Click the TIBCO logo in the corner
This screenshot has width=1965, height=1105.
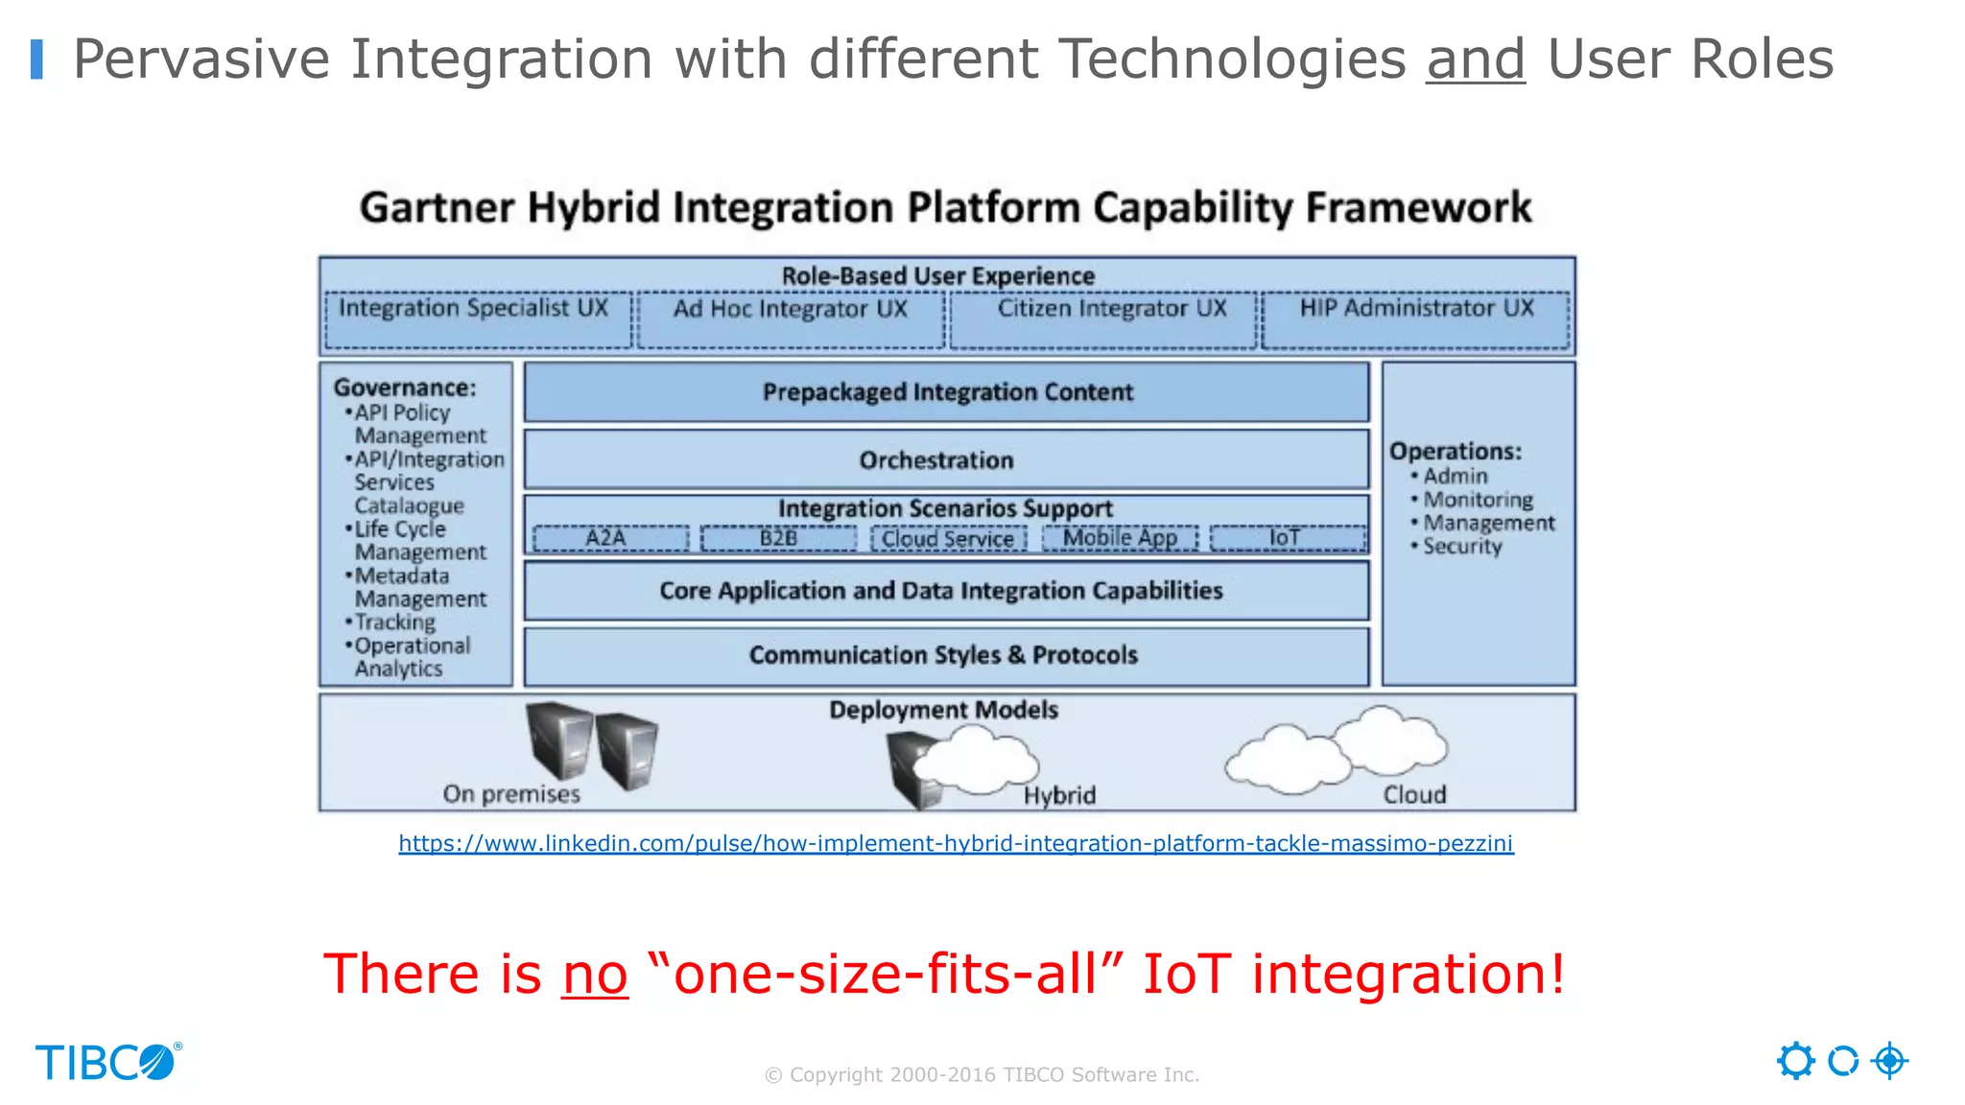[107, 1062]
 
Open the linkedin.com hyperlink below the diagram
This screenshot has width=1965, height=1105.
[956, 843]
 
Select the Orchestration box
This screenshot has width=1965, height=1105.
[946, 460]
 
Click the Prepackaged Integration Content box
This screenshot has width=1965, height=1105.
[946, 392]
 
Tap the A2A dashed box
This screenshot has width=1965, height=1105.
[610, 538]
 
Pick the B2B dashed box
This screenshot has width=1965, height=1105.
[778, 538]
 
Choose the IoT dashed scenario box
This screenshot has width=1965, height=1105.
[1288, 538]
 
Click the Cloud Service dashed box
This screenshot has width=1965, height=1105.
[948, 538]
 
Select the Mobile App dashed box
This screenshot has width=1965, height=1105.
[1120, 538]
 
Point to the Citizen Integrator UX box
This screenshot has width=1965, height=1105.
[1103, 319]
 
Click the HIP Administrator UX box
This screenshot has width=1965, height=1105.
[1416, 319]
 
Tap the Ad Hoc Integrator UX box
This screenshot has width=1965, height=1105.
[791, 319]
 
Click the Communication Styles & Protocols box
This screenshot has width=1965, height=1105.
[946, 655]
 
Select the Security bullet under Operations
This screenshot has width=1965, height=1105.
[1461, 547]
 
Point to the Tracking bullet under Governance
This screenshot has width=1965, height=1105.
[394, 622]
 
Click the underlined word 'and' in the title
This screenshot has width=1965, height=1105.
[1475, 59]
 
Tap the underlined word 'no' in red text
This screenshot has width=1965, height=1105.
[595, 975]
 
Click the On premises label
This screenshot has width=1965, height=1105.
[511, 794]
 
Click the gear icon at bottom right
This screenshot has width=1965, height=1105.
[1795, 1061]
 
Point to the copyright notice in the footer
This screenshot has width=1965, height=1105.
[982, 1075]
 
